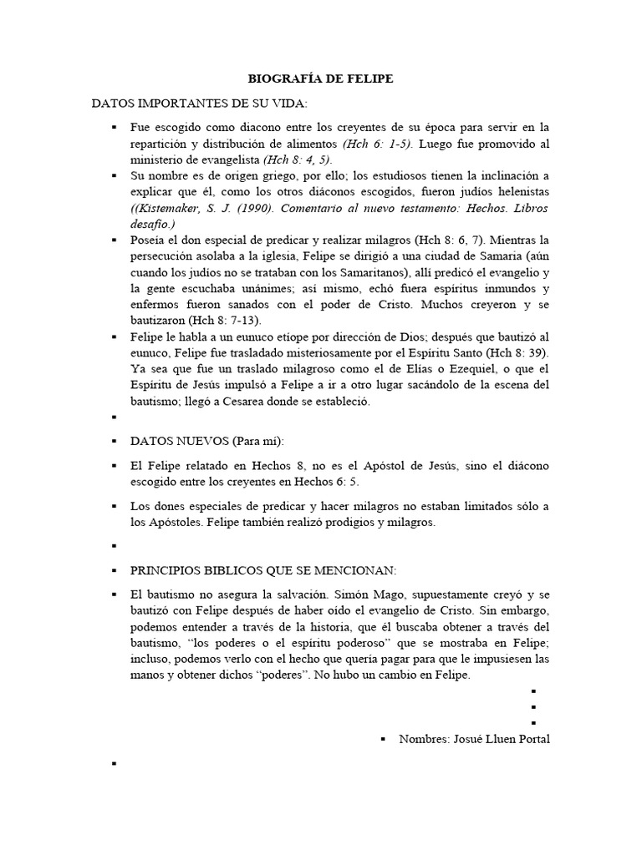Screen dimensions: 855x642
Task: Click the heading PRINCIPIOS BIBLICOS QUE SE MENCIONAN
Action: pyautogui.click(x=263, y=570)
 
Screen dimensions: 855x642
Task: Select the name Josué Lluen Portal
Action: pyautogui.click(x=499, y=739)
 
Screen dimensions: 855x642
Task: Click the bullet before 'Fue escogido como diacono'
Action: pyautogui.click(x=113, y=128)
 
